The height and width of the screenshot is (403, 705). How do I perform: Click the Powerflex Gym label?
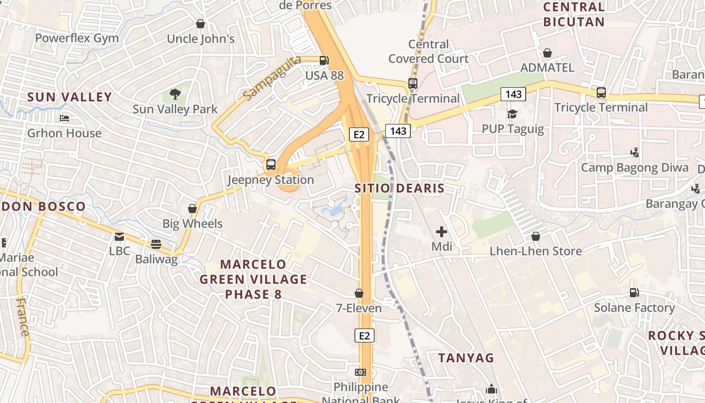coord(77,38)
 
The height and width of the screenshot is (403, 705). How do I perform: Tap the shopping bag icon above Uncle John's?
coord(200,24)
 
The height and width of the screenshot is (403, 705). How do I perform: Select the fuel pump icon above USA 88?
coord(324,60)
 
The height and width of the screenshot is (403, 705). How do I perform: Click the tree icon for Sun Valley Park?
coord(175,94)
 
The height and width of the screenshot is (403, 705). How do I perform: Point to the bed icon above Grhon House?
coord(64,118)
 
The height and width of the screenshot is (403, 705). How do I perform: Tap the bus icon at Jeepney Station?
coord(271,164)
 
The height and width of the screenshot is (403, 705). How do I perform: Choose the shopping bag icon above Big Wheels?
coord(192,209)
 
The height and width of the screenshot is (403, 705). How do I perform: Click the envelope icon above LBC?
coord(119,236)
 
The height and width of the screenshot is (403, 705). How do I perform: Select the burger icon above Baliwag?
coord(156,244)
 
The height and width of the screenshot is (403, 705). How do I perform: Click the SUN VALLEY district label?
coord(69,97)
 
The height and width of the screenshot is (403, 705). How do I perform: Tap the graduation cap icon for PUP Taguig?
coord(513,114)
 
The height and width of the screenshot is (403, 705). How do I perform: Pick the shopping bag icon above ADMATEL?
coord(547,53)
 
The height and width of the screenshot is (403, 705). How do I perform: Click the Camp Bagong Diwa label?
coord(635,168)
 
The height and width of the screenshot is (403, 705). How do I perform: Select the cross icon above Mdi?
coord(442,232)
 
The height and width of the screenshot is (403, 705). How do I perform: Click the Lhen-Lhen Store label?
coord(536,251)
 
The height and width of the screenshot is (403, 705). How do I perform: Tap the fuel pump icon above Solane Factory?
coord(634,293)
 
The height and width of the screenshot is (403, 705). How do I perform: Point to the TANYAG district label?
coord(466,358)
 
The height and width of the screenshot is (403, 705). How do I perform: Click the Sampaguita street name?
coord(271,78)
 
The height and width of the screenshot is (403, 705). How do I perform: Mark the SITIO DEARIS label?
coord(399,189)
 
